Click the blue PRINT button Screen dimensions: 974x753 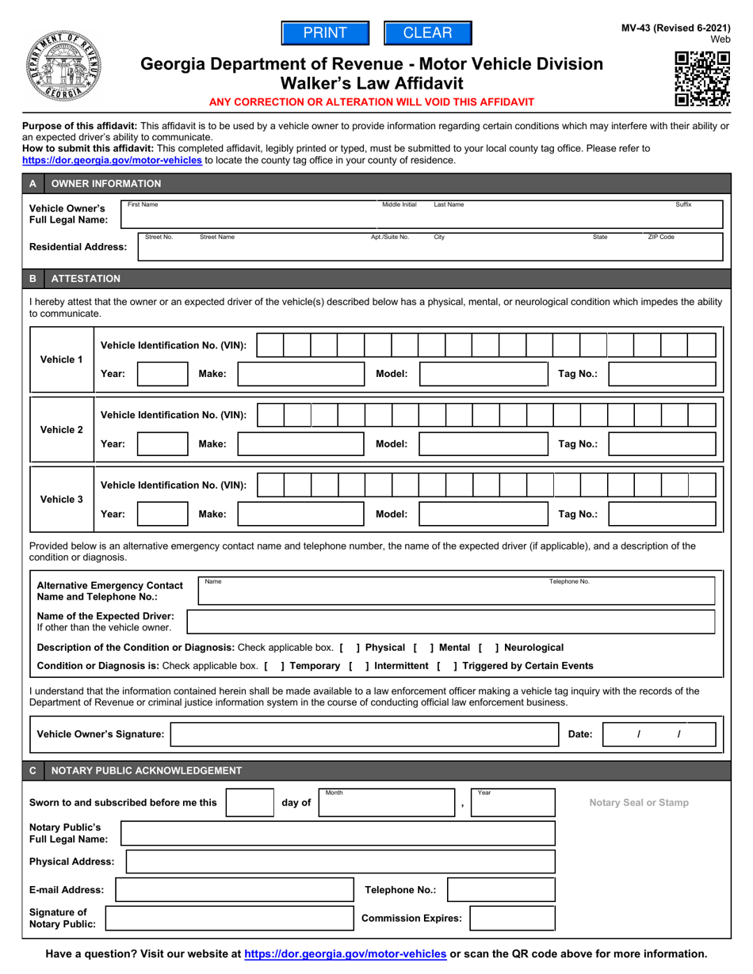326,32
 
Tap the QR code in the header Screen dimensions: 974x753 701,78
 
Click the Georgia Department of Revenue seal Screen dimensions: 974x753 58,68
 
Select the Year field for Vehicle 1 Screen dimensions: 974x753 162,374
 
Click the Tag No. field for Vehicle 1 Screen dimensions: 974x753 665,374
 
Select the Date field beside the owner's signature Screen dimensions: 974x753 659,735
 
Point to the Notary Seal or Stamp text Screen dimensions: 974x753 639,802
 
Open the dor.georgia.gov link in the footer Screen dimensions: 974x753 346,954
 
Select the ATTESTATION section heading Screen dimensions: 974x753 86,279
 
